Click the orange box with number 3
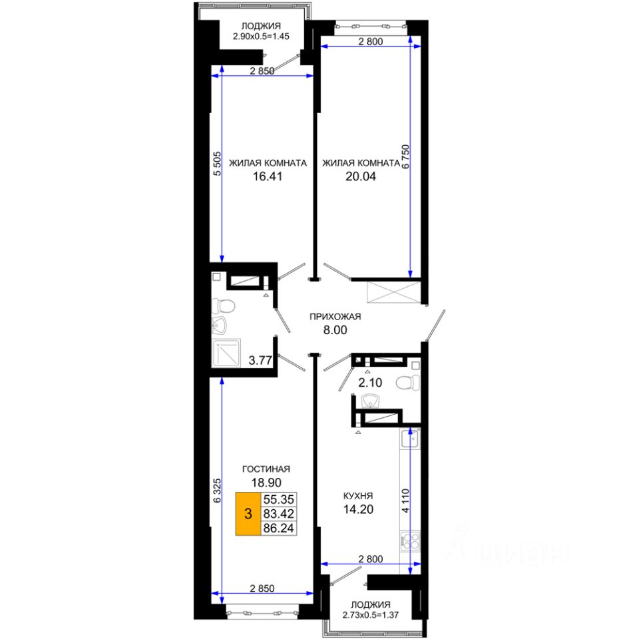[x=248, y=513]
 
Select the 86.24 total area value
[x=279, y=528]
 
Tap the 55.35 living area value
[x=279, y=499]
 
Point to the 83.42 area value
[x=279, y=513]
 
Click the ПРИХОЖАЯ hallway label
[x=335, y=316]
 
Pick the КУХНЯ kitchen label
[x=358, y=496]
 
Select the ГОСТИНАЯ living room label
[x=266, y=469]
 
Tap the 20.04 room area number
[x=361, y=176]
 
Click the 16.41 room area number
[x=268, y=176]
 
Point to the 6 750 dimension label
[x=405, y=156]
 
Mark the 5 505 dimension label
[x=217, y=164]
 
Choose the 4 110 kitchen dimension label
[x=405, y=501]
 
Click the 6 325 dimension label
[x=217, y=491]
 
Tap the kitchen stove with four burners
[x=410, y=541]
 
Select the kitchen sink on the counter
[x=410, y=438]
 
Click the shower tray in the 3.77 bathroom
[x=226, y=353]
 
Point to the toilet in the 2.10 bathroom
[x=407, y=383]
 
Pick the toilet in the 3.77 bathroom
[x=224, y=306]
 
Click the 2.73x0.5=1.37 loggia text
[x=371, y=615]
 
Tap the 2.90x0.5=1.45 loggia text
[x=261, y=36]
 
